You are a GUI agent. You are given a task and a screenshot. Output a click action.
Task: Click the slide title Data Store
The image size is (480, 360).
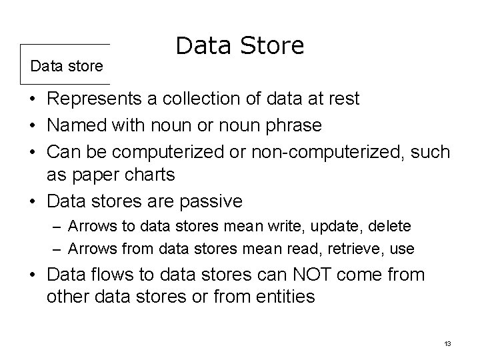(x=240, y=46)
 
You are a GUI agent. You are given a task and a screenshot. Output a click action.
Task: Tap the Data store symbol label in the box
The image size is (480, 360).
(x=67, y=66)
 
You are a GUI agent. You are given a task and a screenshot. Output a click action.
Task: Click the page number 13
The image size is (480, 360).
(x=447, y=343)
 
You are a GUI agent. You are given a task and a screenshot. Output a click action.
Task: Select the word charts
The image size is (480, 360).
(x=153, y=175)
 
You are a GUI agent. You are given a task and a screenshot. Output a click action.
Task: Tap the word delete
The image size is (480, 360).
(x=391, y=227)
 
